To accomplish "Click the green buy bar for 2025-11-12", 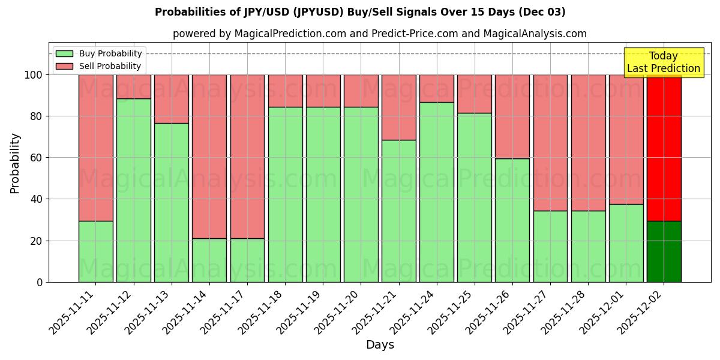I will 133,190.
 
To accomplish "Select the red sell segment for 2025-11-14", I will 209,156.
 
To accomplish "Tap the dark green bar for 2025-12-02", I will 664,251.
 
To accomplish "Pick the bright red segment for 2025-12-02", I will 664,148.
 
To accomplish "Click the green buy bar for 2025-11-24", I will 437,192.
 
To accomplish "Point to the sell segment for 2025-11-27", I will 550,142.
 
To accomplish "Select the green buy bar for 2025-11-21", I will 399,211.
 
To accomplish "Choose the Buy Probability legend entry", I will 98,53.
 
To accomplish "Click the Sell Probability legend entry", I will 98,66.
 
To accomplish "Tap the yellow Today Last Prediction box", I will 655,62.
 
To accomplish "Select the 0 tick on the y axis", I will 40,282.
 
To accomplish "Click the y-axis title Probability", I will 15,163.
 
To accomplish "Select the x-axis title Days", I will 380,345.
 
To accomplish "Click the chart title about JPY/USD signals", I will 360,12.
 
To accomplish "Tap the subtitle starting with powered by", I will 380,34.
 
